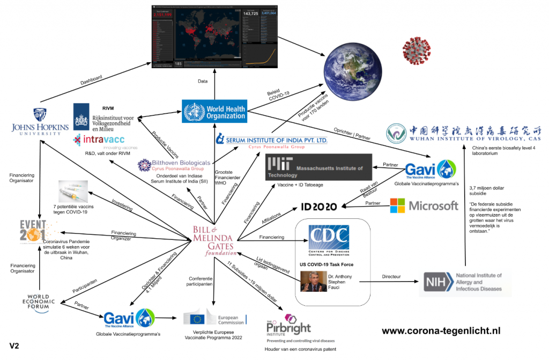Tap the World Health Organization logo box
point(214,112)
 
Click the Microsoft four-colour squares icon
point(397,205)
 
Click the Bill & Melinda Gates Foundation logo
point(213,240)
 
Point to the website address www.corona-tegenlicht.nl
point(441,330)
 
